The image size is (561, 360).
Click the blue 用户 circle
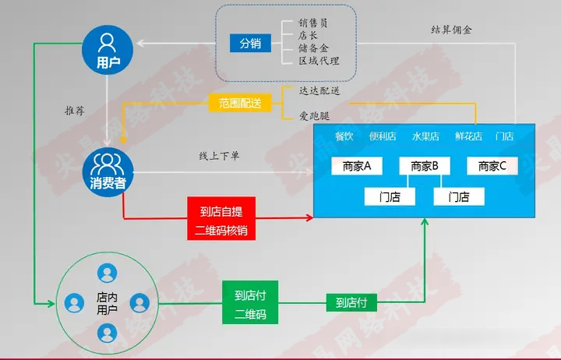point(108,50)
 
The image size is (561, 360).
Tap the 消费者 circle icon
point(108,172)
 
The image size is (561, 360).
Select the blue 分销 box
point(250,44)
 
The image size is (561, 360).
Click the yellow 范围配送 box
point(240,103)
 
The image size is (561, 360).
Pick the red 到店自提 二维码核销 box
point(221,218)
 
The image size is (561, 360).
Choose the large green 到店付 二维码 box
point(250,302)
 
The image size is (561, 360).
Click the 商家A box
point(357,166)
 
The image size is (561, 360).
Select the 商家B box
point(425,166)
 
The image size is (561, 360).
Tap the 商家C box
point(492,166)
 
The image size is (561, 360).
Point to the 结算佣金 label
point(451,30)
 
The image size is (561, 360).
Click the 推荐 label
point(75,111)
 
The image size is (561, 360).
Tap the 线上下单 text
point(219,156)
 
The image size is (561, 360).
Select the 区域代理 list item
point(319,61)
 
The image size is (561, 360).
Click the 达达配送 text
point(319,90)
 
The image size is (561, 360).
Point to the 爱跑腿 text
point(314,116)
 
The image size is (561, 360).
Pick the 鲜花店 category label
point(469,136)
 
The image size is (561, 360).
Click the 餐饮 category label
point(344,136)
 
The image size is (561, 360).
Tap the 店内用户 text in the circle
point(107,303)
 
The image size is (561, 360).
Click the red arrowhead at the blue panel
point(310,217)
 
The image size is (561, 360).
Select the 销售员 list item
point(313,23)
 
